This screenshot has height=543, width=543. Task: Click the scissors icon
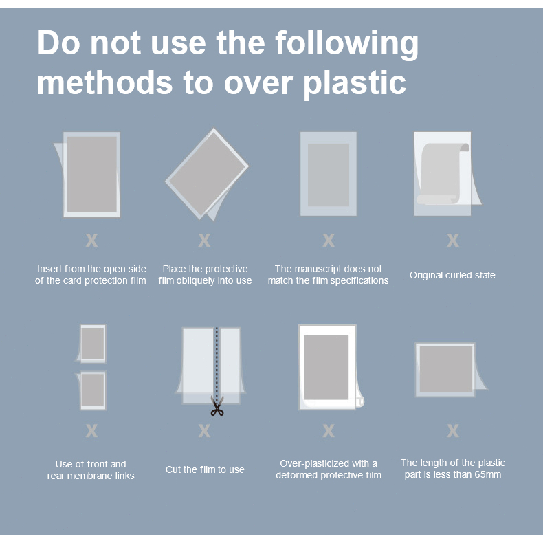[x=217, y=406]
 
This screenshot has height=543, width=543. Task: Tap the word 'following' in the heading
[x=346, y=44]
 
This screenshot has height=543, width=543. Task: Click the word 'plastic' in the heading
[x=355, y=84]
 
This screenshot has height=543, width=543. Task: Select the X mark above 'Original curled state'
[x=453, y=240]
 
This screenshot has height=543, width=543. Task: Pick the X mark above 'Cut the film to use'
[x=204, y=431]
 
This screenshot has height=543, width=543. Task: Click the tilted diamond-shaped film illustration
[x=207, y=174]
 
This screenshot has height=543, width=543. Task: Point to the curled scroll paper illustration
[x=443, y=173]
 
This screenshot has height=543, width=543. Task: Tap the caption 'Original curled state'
[x=452, y=275]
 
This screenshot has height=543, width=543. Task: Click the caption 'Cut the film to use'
[x=205, y=469]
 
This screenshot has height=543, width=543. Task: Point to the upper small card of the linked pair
[x=93, y=344]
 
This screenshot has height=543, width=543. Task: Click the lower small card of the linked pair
[x=93, y=390]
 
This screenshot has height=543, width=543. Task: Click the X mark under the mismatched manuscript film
[x=329, y=240]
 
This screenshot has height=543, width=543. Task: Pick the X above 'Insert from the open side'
[x=91, y=240]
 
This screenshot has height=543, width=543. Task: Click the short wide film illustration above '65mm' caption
[x=446, y=370]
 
